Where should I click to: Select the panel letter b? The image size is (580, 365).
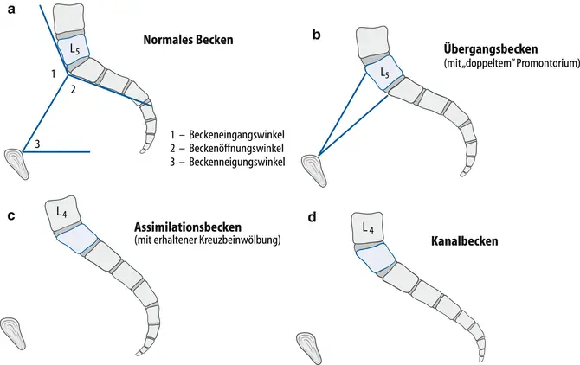click(317, 35)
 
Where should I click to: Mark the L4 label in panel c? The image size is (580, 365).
click(62, 209)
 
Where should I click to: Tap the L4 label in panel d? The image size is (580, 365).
click(368, 229)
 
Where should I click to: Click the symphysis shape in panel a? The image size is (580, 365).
click(16, 159)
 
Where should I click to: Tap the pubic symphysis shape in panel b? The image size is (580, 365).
click(313, 167)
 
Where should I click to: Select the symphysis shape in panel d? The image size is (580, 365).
click(309, 343)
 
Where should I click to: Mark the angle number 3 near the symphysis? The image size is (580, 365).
click(36, 144)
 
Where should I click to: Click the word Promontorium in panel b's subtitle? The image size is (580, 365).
click(535, 64)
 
